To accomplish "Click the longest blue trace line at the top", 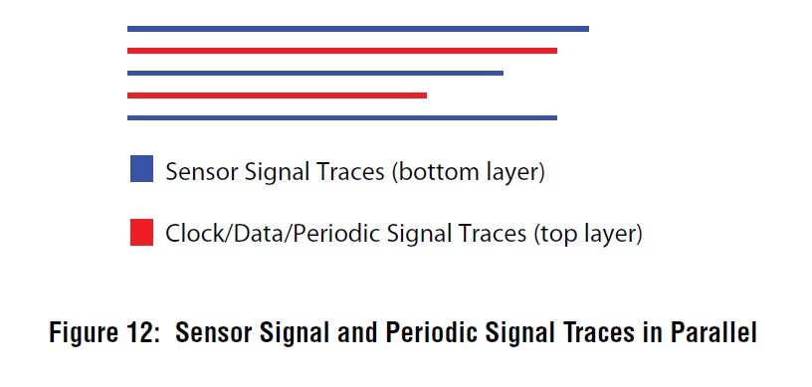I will click(x=358, y=29).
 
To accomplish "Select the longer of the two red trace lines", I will click(x=342, y=51).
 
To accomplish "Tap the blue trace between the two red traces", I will click(x=315, y=73).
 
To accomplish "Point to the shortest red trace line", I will click(x=277, y=96).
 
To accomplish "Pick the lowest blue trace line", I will click(x=342, y=117).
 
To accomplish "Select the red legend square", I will click(x=141, y=233).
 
